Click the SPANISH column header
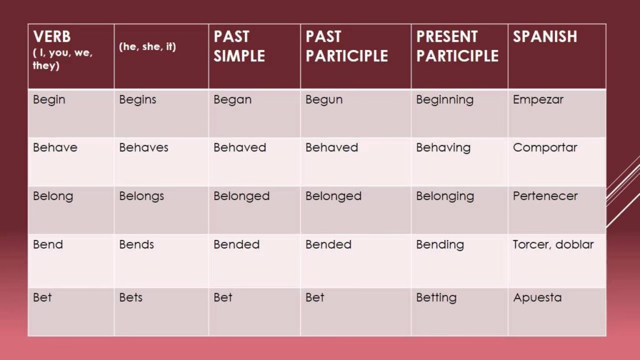pos(545,37)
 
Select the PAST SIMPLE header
pos(239,46)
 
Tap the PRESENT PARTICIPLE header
pos(457,46)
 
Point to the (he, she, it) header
pos(147,46)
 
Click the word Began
pos(232,100)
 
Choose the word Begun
pos(324,100)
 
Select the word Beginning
pos(444,100)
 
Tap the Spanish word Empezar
pos(538,100)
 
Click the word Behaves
pos(144,147)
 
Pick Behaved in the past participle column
pos(331,147)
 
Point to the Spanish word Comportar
pos(545,147)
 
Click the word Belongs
pos(141,196)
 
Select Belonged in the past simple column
pos(241,196)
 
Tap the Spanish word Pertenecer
pos(545,196)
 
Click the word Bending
pos(440,245)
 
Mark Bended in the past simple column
pos(236,244)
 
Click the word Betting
pos(436,298)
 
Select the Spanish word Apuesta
pos(537,298)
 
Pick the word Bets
pos(131,297)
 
